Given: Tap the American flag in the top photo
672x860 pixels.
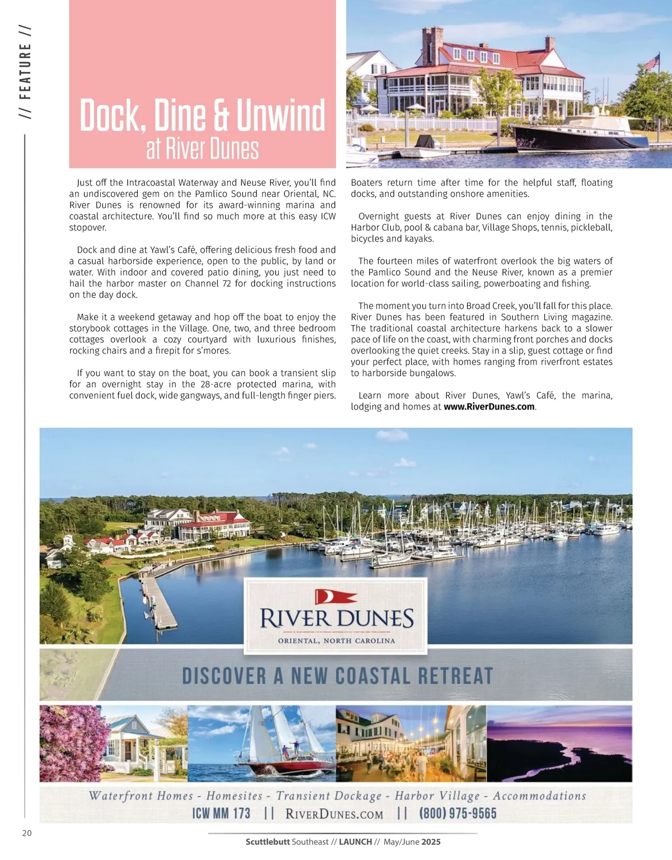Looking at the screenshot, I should (x=651, y=62).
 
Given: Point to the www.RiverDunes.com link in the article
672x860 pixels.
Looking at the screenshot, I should (x=489, y=407).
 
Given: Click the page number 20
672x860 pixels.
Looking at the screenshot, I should (x=27, y=833).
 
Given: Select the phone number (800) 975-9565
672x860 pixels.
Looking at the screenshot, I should (x=458, y=813).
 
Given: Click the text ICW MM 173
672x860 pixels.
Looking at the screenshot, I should (x=221, y=813).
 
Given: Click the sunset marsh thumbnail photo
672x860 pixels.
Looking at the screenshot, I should (x=559, y=744).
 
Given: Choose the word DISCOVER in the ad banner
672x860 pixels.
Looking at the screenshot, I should (x=224, y=676).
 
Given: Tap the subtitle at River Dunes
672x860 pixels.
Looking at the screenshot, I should (x=202, y=149).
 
